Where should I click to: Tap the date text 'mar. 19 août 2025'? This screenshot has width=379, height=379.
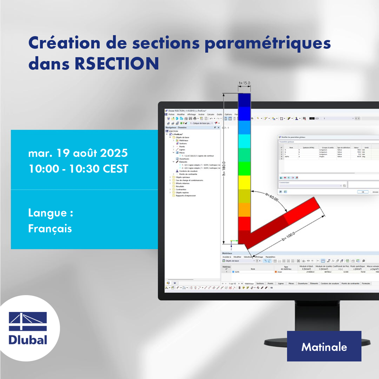click(x=78, y=153)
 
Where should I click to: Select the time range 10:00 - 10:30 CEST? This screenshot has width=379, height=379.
click(x=78, y=169)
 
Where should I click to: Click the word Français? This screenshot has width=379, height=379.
click(x=50, y=228)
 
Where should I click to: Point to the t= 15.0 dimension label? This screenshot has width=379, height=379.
click(x=245, y=83)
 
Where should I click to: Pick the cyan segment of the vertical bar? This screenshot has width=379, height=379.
click(x=244, y=141)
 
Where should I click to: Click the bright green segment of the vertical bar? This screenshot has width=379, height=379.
click(x=244, y=168)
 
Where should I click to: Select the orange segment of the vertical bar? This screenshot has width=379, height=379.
click(x=244, y=210)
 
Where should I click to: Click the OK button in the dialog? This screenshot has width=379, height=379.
click(x=362, y=191)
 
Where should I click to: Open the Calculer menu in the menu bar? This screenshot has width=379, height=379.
click(x=210, y=114)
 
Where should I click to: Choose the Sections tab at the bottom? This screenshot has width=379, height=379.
click(x=260, y=283)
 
